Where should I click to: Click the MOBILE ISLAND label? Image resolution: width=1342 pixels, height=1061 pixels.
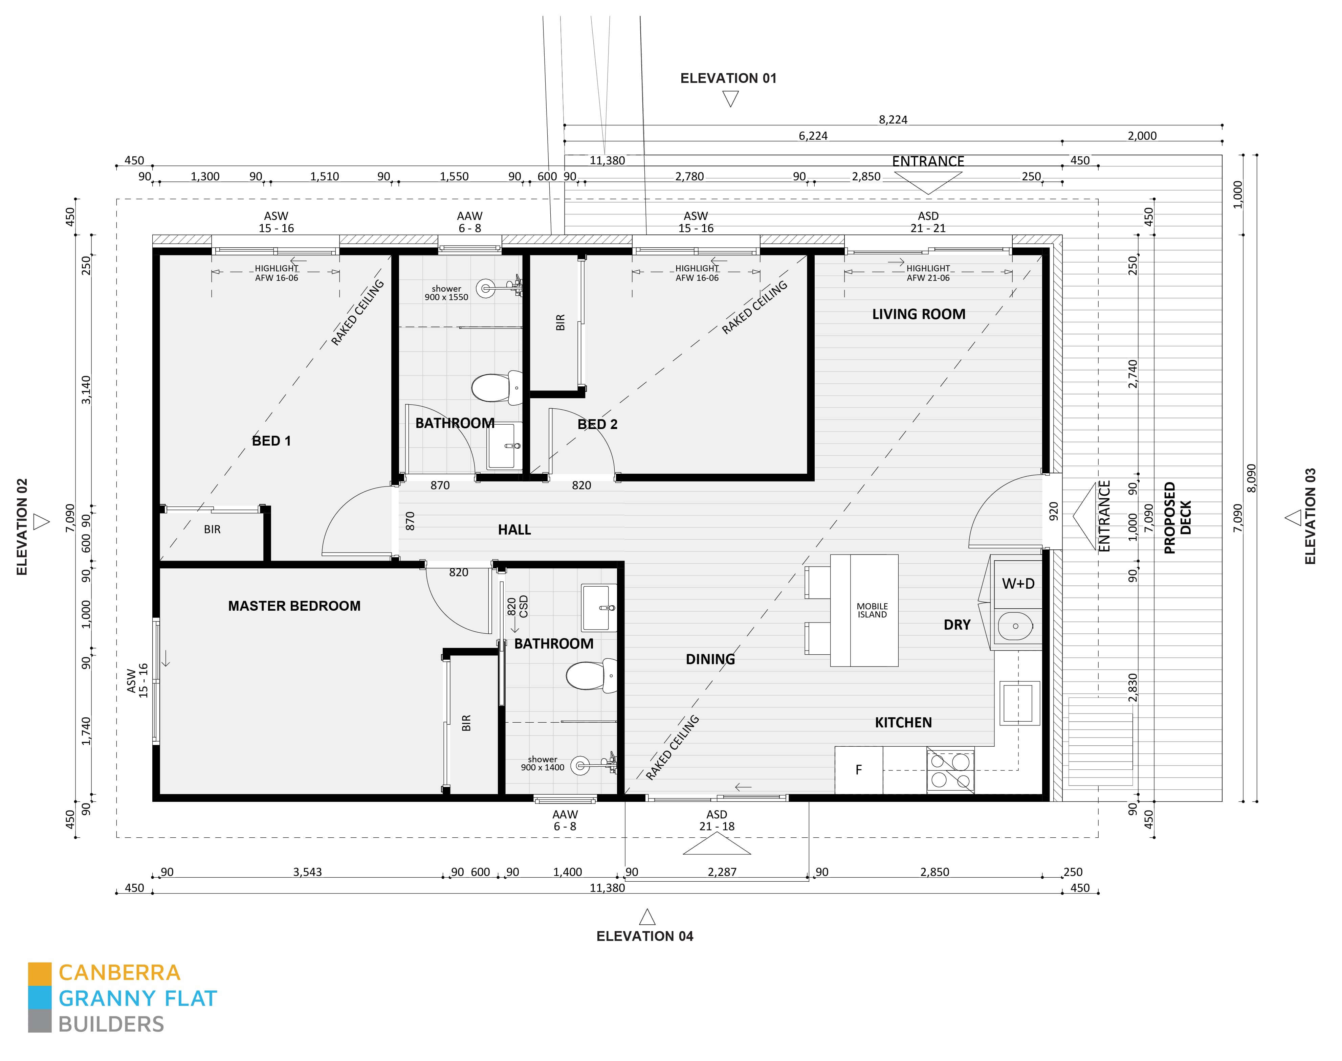tap(872, 610)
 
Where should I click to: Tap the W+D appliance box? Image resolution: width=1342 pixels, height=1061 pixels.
tap(1018, 583)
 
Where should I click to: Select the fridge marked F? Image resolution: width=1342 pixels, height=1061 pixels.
tap(858, 770)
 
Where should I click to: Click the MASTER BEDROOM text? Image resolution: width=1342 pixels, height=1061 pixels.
tap(294, 606)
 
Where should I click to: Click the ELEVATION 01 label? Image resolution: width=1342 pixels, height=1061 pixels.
tap(728, 78)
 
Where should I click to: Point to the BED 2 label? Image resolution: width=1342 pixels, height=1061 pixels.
tap(597, 424)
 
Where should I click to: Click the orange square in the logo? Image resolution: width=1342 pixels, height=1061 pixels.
tap(39, 973)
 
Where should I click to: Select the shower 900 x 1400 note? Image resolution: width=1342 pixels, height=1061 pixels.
tap(543, 764)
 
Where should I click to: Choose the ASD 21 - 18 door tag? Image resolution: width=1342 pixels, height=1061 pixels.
tap(717, 820)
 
